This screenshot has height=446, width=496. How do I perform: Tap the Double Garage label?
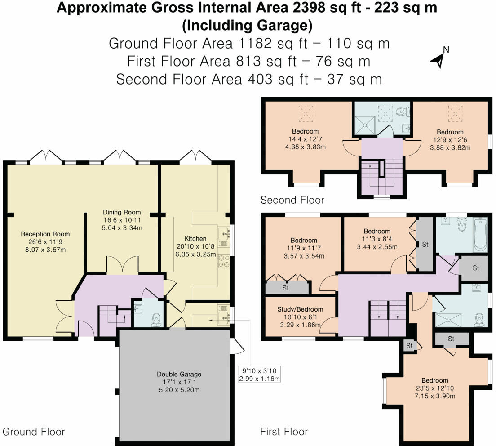[179, 374]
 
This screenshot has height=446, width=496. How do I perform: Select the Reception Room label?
[45, 234]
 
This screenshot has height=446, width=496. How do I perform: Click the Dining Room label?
[122, 212]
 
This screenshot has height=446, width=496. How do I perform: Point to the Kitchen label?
[195, 239]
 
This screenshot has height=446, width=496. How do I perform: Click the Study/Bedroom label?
[300, 309]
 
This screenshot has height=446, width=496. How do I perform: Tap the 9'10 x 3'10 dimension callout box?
[259, 375]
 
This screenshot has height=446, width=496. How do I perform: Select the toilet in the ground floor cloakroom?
[156, 320]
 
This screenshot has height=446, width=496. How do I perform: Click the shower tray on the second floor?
[365, 126]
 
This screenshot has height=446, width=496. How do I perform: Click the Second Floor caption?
[292, 200]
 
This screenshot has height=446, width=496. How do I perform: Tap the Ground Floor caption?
[34, 432]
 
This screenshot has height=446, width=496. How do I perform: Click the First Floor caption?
[284, 432]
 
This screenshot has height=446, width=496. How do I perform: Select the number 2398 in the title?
[309, 7]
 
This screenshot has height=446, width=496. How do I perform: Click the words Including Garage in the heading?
[247, 25]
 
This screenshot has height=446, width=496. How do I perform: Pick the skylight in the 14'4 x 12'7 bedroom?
[306, 114]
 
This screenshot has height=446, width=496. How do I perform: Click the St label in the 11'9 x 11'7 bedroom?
[286, 288]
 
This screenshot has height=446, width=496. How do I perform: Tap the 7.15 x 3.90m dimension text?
[434, 396]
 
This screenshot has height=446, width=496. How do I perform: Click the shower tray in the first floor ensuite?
[448, 320]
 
